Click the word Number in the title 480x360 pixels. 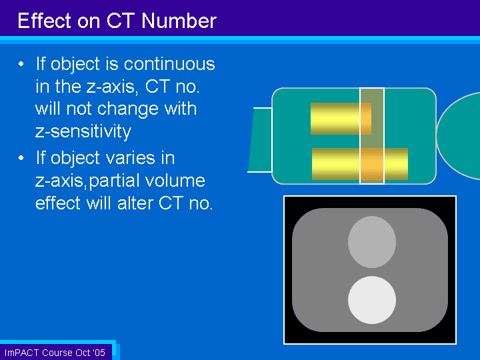tap(179, 21)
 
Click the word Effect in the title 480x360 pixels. tap(44, 21)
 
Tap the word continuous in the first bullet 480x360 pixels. tap(169, 64)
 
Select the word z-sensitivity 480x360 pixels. tap(83, 131)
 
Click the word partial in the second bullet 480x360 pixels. tap(115, 181)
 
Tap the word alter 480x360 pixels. tap(135, 203)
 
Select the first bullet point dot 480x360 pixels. tap(21, 64)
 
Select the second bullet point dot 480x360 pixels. tap(21, 158)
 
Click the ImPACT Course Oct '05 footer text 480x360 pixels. tap(55, 353)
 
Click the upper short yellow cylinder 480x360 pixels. tap(341, 119)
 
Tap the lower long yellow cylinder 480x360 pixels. tap(360, 164)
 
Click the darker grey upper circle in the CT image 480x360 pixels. tap(372, 242)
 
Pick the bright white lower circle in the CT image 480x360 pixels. tap(372, 300)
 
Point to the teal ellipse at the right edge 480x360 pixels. tap(459, 136)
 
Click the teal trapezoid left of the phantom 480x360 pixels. tap(260, 140)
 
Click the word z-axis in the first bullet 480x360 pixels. tap(112, 87)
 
